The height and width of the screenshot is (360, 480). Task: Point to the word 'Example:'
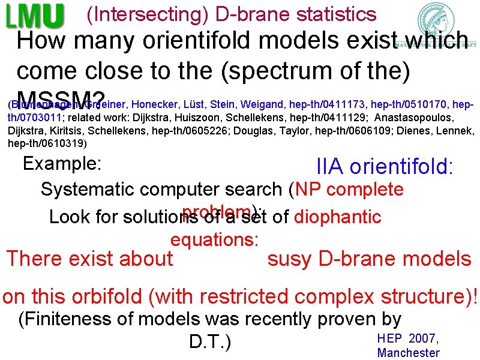point(61,163)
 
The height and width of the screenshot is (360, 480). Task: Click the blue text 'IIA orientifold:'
point(385,167)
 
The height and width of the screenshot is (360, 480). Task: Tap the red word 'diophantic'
point(338,216)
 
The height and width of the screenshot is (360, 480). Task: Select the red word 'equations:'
point(215,240)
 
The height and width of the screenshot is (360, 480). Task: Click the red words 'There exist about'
point(89,259)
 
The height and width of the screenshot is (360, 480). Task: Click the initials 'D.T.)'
point(210,341)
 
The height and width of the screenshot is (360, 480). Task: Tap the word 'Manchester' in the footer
point(408,353)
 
